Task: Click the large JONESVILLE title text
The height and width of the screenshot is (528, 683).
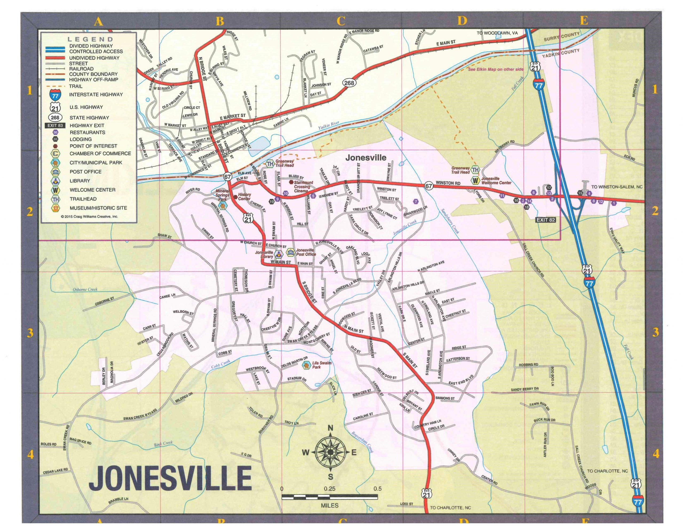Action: (170, 479)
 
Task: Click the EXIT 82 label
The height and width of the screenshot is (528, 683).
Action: (546, 220)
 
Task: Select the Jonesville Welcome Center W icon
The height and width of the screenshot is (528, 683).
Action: (475, 181)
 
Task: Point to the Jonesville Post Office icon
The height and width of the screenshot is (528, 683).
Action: (291, 252)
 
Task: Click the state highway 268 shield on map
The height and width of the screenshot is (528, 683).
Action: (349, 83)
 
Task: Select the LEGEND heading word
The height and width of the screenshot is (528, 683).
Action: (90, 40)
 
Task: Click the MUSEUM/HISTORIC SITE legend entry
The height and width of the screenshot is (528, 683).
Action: (98, 208)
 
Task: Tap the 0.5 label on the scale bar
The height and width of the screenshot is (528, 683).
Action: (377, 489)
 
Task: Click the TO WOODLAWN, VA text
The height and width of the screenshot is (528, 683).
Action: (497, 33)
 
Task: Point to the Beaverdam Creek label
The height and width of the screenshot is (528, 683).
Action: (363, 442)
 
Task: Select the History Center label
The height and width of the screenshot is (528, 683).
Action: (244, 196)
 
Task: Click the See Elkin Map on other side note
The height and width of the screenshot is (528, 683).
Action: (495, 69)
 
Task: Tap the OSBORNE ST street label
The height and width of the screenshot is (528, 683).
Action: (105, 301)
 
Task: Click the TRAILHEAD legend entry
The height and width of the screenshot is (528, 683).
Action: (84, 199)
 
